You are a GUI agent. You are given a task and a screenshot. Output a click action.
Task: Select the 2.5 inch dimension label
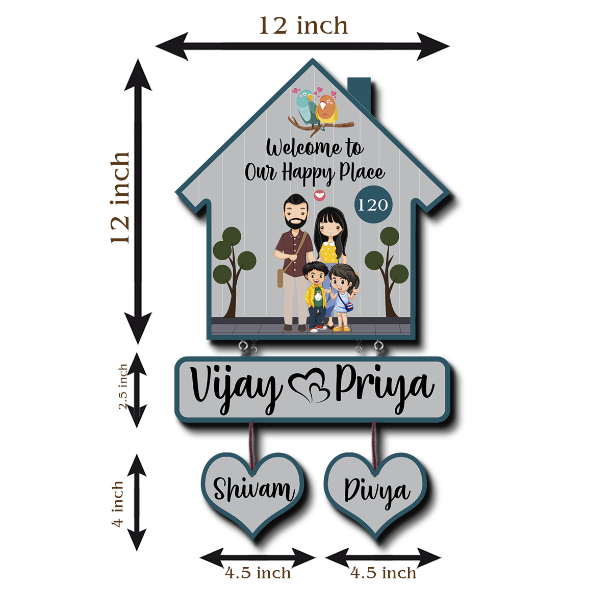click(x=123, y=387)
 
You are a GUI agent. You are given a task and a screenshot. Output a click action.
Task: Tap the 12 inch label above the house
click(x=303, y=26)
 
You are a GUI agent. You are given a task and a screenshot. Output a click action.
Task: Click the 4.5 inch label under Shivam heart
click(x=258, y=573)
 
